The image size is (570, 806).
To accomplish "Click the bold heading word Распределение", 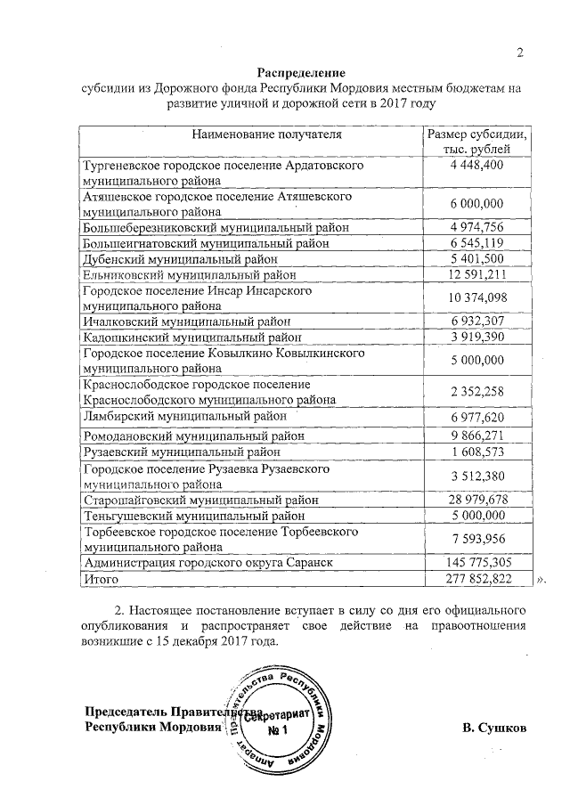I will click(x=301, y=72).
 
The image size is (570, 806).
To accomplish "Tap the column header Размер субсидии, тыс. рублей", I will click(x=477, y=142).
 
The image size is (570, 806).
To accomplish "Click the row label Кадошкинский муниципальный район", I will click(x=192, y=338).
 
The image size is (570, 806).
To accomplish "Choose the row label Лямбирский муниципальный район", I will click(x=184, y=416).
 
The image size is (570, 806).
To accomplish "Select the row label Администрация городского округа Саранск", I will click(x=213, y=563).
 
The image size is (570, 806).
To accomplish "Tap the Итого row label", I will click(x=100, y=579).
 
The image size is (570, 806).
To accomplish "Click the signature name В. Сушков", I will click(x=494, y=728).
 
